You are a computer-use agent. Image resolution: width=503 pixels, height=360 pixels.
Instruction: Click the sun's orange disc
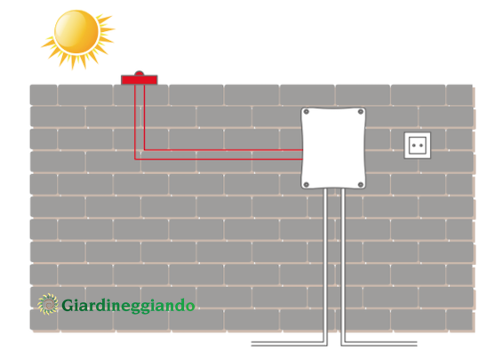pos(76,32)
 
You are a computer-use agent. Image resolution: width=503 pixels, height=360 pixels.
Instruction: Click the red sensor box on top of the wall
pos(140,80)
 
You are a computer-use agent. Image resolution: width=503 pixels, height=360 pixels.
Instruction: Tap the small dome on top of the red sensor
pos(139,73)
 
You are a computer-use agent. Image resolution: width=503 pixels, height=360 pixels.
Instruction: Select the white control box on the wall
pos(333,148)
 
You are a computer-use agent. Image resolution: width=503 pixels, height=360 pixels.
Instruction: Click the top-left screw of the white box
pos(307,112)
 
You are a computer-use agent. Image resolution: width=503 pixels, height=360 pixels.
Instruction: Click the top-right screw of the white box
pos(361,112)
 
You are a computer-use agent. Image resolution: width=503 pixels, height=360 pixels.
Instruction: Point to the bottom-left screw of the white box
pos(307,185)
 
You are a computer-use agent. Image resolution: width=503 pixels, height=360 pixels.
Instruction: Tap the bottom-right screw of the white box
pos(361,185)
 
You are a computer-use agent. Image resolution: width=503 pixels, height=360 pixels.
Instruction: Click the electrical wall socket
pos(418,146)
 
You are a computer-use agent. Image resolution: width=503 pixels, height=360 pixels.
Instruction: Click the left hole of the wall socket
pos(414,146)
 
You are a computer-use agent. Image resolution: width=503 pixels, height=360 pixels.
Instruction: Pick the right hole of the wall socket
pos(421,146)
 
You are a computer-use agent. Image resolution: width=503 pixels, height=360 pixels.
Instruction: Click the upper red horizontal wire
pos(223,150)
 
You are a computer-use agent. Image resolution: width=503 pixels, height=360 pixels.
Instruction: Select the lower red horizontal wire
pos(219,159)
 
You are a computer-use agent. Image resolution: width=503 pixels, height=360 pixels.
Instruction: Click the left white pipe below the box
pos(325,266)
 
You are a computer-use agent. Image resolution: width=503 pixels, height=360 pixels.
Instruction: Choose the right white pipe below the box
pos(343,266)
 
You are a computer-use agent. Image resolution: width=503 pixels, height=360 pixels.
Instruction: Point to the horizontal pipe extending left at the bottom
pos(289,344)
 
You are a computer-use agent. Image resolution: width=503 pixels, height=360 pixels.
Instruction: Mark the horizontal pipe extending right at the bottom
pos(379,344)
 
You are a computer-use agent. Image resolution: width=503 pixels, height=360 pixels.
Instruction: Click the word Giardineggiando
pos(128,306)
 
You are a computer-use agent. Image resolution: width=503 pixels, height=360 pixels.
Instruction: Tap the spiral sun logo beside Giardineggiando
pos(48,304)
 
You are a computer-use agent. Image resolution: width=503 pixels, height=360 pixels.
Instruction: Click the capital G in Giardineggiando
pos(67,305)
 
